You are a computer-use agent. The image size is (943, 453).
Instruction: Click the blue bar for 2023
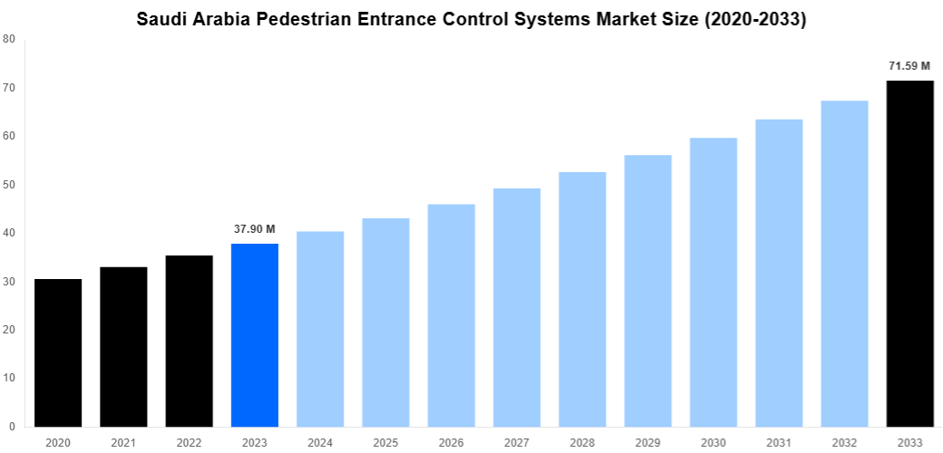pyautogui.click(x=255, y=335)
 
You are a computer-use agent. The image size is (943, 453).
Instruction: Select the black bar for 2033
pyautogui.click(x=909, y=254)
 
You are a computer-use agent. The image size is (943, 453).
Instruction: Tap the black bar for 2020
pyautogui.click(x=58, y=352)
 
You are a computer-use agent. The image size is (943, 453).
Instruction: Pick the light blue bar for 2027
pyautogui.click(x=517, y=307)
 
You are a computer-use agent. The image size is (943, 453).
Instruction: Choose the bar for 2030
pyautogui.click(x=713, y=282)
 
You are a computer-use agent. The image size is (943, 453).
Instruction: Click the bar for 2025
pyautogui.click(x=385, y=323)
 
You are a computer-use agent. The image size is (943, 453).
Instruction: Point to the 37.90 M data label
pyautogui.click(x=255, y=229)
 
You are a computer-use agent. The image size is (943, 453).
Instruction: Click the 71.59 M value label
pyautogui.click(x=909, y=66)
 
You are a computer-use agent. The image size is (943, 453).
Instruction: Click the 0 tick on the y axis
pyautogui.click(x=11, y=427)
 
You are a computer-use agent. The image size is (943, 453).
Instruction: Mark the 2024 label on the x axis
pyautogui.click(x=320, y=442)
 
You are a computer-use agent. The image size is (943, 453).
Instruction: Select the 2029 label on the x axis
pyautogui.click(x=647, y=442)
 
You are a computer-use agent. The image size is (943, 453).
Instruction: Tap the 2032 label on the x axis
pyautogui.click(x=844, y=442)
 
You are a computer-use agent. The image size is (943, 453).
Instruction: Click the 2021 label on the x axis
pyautogui.click(x=123, y=442)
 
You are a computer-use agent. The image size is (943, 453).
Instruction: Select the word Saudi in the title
pyautogui.click(x=160, y=18)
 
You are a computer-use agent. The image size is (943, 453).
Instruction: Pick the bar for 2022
pyautogui.click(x=189, y=341)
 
